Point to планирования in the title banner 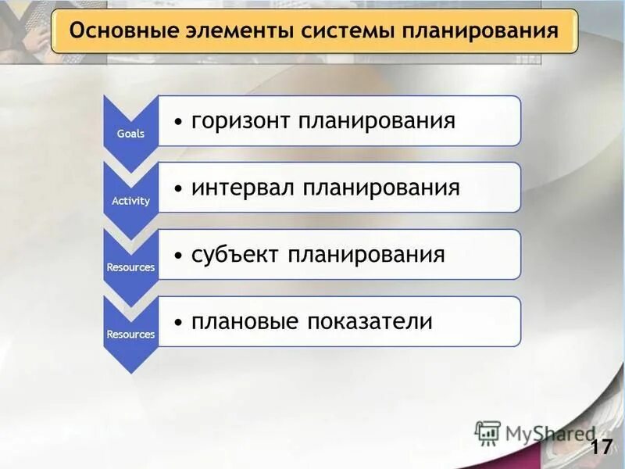[x=480, y=32]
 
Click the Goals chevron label [x=130, y=134]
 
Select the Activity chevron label [x=130, y=201]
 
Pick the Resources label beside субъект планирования [x=130, y=267]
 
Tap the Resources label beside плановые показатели [x=130, y=335]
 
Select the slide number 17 [x=601, y=447]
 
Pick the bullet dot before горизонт [x=179, y=123]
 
